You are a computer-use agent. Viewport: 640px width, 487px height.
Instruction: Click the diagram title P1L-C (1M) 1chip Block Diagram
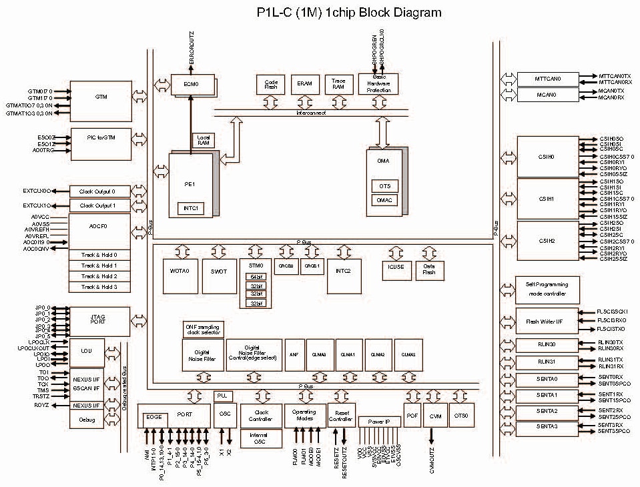(x=320, y=12)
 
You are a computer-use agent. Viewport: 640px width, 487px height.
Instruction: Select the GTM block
(x=101, y=97)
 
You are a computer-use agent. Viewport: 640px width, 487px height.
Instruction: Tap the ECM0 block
(x=192, y=85)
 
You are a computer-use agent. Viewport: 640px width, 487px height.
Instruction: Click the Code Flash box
(x=271, y=84)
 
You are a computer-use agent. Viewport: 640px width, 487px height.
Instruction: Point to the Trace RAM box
(x=338, y=84)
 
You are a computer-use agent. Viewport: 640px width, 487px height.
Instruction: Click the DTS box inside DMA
(x=385, y=186)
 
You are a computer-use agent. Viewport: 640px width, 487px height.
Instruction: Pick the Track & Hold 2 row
(x=99, y=276)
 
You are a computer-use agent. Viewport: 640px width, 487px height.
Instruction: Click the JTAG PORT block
(x=99, y=321)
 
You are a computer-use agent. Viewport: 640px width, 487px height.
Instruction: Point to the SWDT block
(x=219, y=271)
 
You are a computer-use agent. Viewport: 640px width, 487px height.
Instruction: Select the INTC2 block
(x=344, y=271)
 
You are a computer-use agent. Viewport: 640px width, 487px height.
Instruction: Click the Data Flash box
(x=430, y=270)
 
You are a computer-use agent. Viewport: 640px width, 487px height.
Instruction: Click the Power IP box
(x=378, y=422)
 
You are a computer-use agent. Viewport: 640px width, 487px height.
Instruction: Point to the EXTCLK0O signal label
(x=37, y=191)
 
